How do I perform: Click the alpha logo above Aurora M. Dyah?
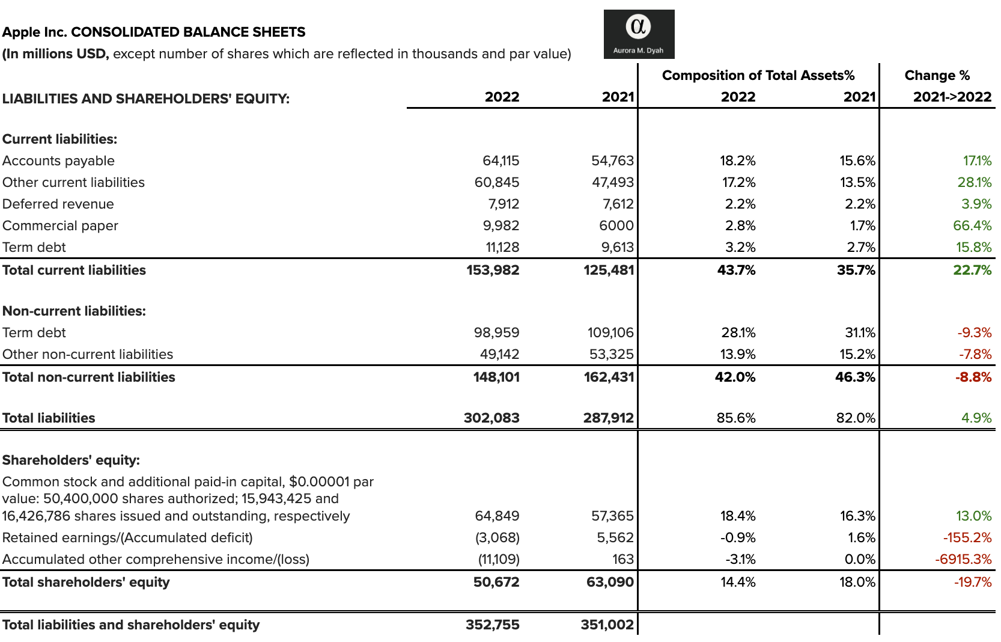tap(638, 27)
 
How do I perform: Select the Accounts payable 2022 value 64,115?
tap(500, 161)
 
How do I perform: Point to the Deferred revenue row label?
tap(58, 204)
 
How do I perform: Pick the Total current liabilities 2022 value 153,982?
tap(493, 271)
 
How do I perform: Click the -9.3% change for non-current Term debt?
tap(974, 333)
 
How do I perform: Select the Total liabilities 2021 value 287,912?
tap(608, 418)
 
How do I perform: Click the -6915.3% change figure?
tap(963, 560)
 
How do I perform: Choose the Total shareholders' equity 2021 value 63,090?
tap(610, 582)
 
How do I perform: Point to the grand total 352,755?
tap(492, 625)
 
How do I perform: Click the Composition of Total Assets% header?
tap(758, 76)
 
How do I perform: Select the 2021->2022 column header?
tap(952, 97)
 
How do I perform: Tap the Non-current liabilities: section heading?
tap(74, 311)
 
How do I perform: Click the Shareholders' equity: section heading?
tap(71, 460)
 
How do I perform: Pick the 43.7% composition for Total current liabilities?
tap(736, 271)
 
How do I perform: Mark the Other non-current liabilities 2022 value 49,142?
tap(499, 355)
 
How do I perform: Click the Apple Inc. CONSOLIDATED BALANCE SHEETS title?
tap(154, 32)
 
